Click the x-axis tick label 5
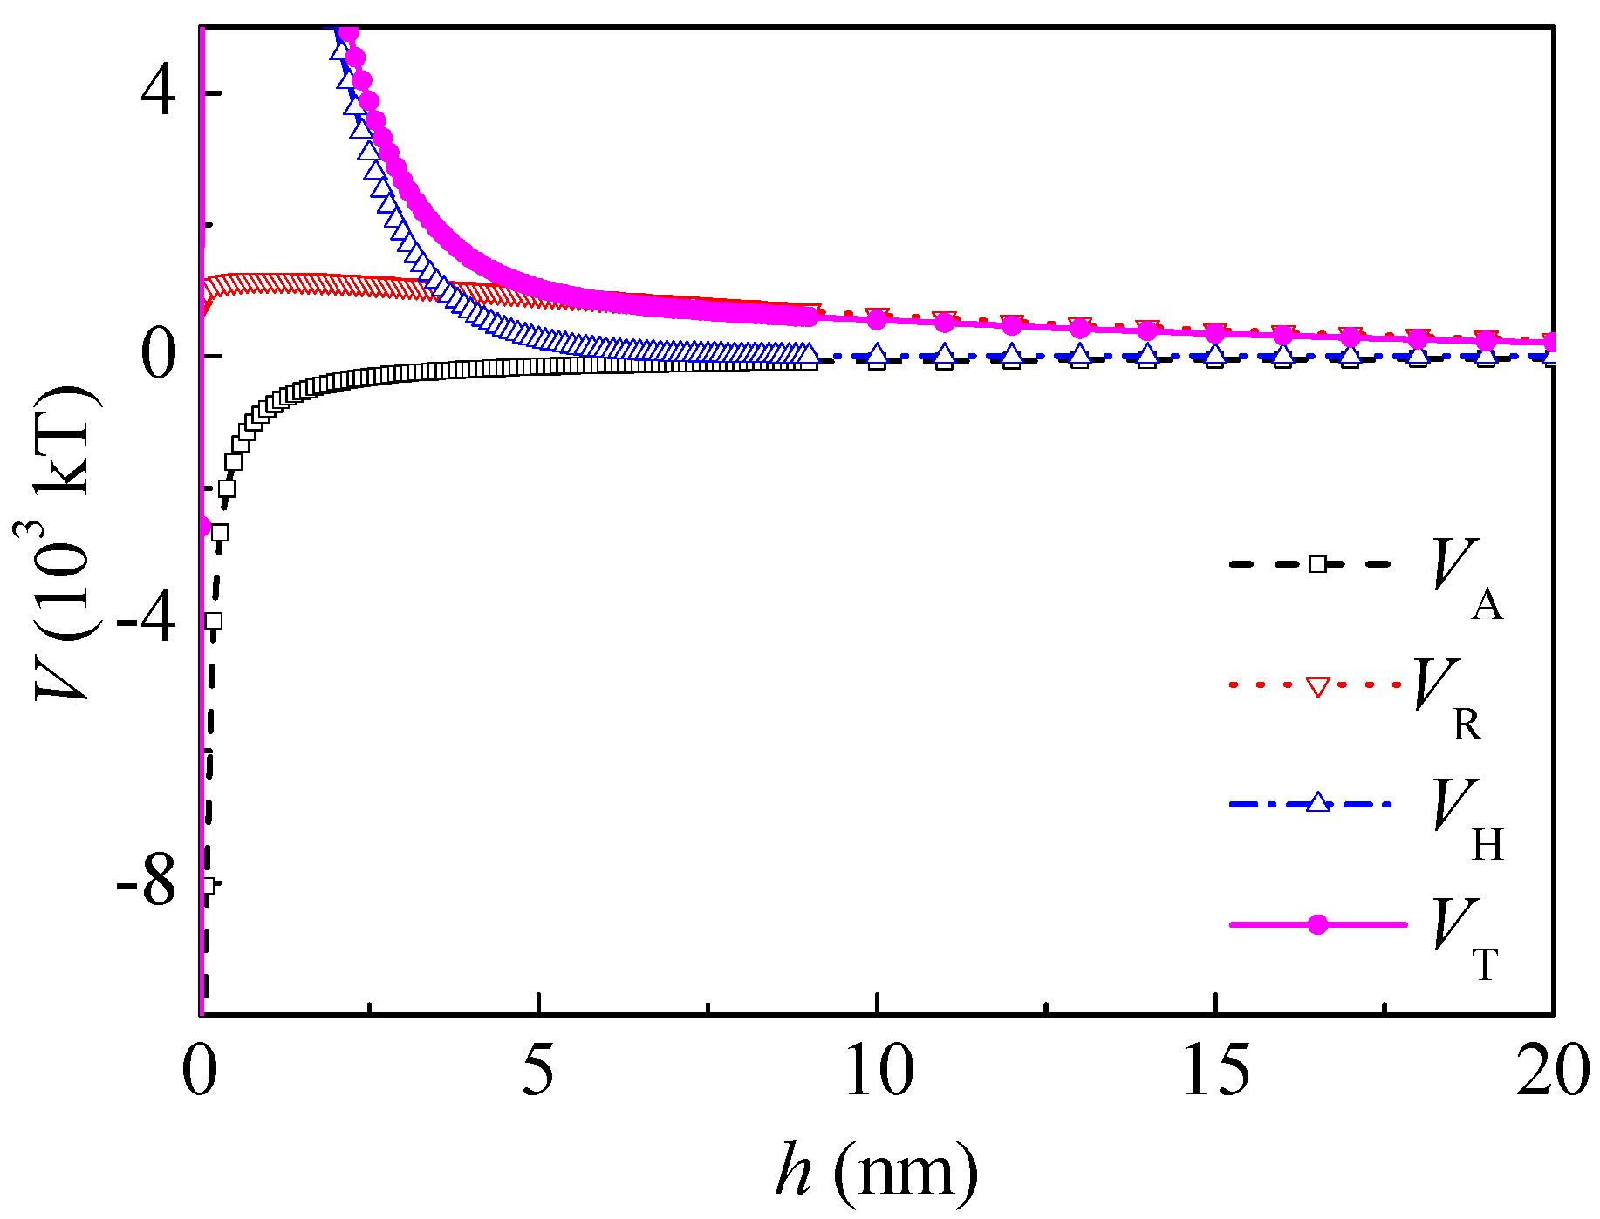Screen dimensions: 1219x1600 (538, 1071)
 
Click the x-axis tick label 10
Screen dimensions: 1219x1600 (879, 1071)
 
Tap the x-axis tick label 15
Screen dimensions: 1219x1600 (1215, 1071)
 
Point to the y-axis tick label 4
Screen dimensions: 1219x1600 (159, 92)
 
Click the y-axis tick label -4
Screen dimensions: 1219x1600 (146, 621)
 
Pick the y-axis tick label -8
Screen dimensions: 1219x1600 (146, 884)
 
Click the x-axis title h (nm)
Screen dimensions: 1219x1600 (877, 1170)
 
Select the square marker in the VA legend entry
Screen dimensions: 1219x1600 (1317, 564)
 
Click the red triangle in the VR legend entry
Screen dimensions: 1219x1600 (1317, 686)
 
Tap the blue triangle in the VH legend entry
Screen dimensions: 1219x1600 (1318, 802)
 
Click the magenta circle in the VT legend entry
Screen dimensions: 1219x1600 (1317, 924)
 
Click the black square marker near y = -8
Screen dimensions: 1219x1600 (206, 885)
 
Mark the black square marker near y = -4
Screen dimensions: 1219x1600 (213, 621)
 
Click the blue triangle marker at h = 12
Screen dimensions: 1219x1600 (1012, 355)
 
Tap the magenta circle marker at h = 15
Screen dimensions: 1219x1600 (1215, 333)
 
